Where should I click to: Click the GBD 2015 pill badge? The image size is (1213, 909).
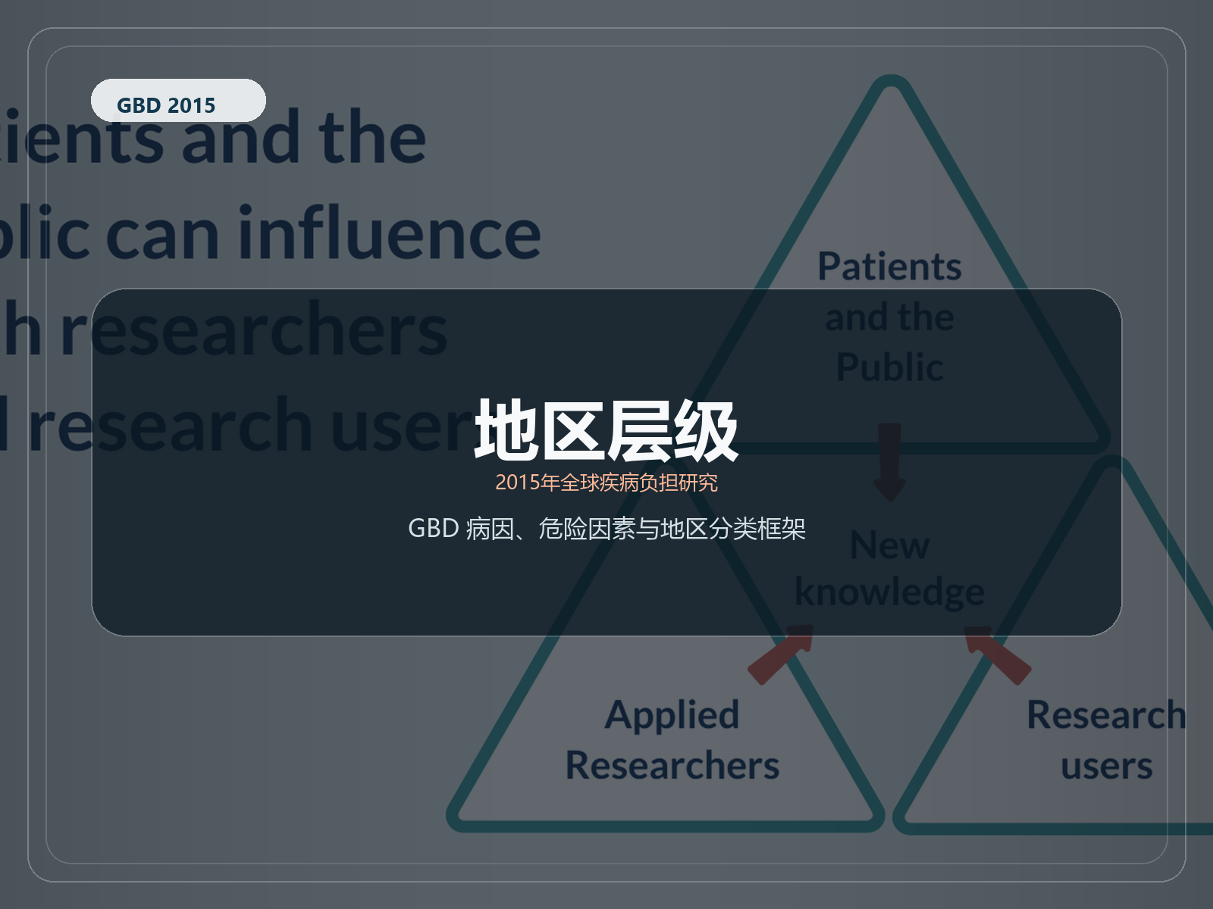[178, 101]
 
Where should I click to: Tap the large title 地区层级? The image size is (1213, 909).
[606, 430]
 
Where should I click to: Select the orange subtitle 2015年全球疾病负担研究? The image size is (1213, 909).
[606, 483]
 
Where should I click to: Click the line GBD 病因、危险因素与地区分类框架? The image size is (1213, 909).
[606, 528]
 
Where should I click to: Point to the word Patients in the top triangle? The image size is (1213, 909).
[889, 267]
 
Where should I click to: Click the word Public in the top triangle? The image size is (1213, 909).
[889, 367]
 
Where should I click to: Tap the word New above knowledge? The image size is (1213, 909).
[889, 545]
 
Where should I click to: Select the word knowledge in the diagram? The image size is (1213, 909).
[889, 592]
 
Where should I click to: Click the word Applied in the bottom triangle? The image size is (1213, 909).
[672, 715]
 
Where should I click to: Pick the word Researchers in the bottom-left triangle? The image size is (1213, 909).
[672, 765]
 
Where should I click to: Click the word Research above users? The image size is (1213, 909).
[1105, 715]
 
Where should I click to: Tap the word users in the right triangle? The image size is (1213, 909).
[1106, 767]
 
